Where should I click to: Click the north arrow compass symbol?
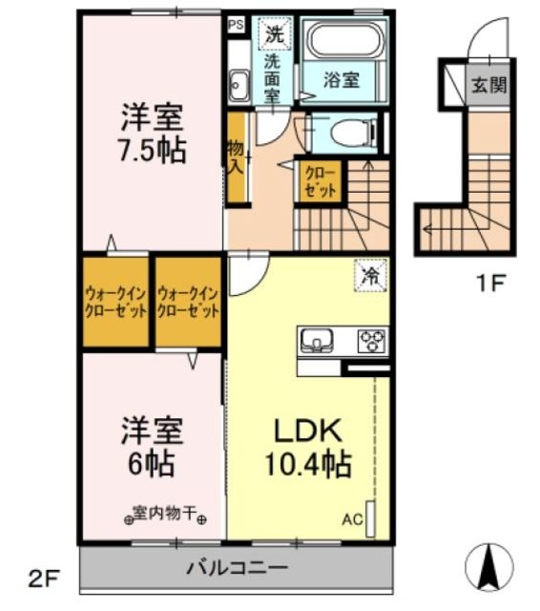tap(488, 564)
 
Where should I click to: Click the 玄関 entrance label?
tap(488, 85)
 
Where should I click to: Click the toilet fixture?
tap(343, 132)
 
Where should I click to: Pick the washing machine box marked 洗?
tap(275, 32)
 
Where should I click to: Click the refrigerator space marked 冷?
tap(370, 275)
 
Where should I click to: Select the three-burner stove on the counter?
tap(370, 340)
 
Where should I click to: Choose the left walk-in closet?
tap(114, 303)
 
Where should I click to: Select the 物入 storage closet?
tap(235, 158)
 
